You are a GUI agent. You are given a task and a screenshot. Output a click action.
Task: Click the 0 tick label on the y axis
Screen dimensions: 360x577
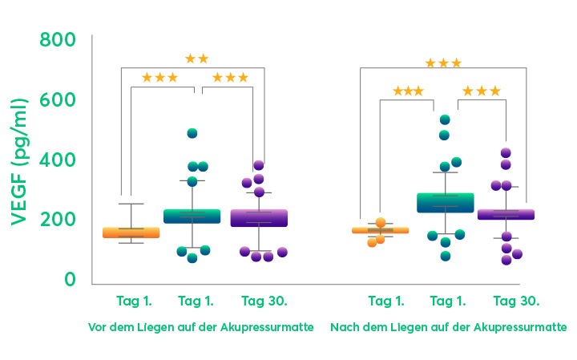pyautogui.click(x=71, y=280)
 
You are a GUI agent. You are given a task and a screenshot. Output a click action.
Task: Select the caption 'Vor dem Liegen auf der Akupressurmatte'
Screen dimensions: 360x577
pyautogui.click(x=200, y=328)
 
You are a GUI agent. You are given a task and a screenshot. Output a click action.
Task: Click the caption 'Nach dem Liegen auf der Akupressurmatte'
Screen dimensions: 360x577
pyautogui.click(x=449, y=328)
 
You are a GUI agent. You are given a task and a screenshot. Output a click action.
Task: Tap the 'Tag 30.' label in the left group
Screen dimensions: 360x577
pyautogui.click(x=264, y=301)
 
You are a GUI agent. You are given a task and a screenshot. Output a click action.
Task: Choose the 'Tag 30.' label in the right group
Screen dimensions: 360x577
pyautogui.click(x=516, y=301)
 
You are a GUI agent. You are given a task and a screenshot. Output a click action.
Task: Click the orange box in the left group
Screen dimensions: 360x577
pyautogui.click(x=131, y=233)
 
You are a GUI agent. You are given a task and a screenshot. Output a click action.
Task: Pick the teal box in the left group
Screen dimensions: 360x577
pyautogui.click(x=192, y=216)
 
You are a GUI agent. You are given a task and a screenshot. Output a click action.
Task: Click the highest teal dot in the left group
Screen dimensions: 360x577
pyautogui.click(x=192, y=133)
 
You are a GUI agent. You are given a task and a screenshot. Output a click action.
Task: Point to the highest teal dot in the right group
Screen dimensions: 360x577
pyautogui.click(x=445, y=120)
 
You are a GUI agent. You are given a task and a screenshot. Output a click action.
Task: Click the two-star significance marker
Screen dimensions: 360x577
pyautogui.click(x=196, y=59)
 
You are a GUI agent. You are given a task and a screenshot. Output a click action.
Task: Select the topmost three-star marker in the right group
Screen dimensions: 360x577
pyautogui.click(x=443, y=63)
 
